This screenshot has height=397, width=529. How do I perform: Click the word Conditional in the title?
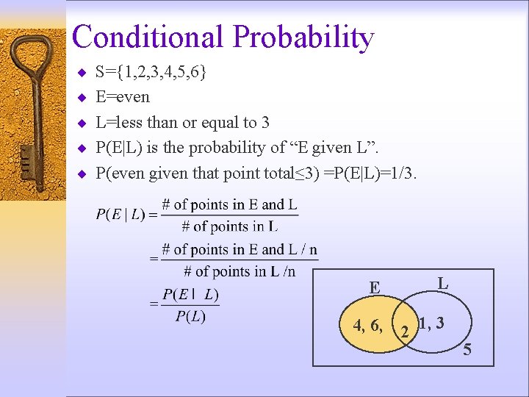click(147, 37)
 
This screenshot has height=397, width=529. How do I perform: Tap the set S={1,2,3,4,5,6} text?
click(151, 72)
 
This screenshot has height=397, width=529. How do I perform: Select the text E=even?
click(123, 97)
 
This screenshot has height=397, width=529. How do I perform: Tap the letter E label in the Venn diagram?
click(375, 287)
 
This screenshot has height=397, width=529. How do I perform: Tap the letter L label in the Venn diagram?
click(442, 282)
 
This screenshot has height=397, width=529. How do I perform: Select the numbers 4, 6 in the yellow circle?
click(367, 325)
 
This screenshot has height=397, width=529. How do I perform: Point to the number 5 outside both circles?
click(467, 350)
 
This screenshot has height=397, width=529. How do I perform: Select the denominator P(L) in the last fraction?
click(190, 317)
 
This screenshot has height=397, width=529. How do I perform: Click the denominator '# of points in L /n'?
click(245, 271)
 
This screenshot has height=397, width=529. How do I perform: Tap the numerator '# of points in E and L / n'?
click(240, 250)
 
